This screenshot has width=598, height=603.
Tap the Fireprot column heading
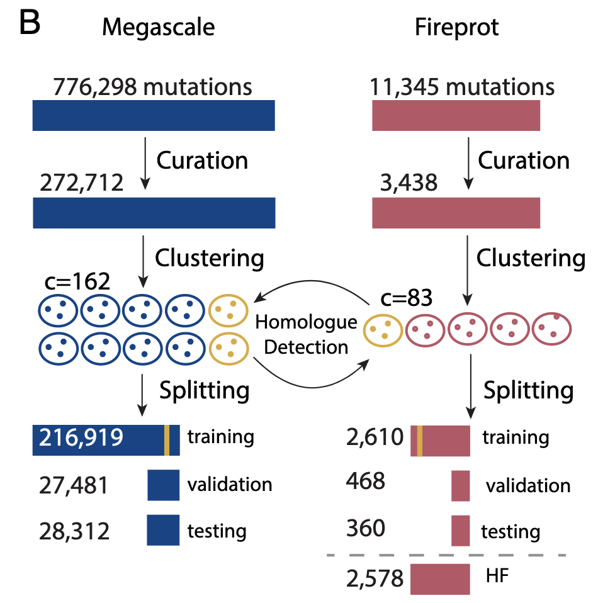[x=456, y=27]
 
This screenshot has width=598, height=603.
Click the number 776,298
[x=95, y=87]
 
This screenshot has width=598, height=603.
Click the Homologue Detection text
[x=306, y=334]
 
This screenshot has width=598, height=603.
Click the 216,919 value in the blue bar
[x=81, y=437]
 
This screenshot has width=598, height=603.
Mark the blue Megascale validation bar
[x=164, y=485]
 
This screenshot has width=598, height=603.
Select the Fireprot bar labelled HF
[x=440, y=578]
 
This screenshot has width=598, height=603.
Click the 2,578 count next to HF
[x=375, y=578]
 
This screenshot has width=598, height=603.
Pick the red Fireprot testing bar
[x=461, y=530]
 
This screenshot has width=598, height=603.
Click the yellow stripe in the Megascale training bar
[x=167, y=439]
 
